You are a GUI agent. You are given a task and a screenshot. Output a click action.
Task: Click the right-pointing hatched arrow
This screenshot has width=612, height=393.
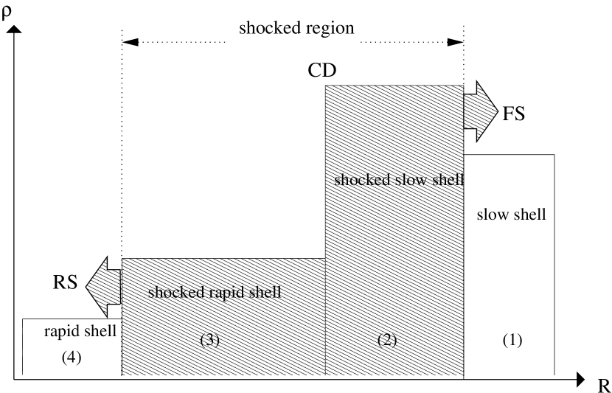[481, 111]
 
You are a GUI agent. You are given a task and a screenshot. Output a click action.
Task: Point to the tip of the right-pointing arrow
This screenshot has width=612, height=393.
[497, 111]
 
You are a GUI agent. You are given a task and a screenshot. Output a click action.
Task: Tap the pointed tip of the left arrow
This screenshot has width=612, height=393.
[87, 287]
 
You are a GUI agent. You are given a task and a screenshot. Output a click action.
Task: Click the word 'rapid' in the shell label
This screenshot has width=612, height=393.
[225, 292]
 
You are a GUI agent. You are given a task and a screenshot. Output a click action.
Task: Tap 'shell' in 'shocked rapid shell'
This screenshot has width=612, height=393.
[263, 292]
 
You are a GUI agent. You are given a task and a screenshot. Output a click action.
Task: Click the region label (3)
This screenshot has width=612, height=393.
[210, 340]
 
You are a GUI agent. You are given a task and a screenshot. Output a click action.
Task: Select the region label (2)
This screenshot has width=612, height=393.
[387, 340]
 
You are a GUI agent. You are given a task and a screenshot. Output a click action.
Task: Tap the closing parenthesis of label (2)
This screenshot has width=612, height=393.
[395, 340]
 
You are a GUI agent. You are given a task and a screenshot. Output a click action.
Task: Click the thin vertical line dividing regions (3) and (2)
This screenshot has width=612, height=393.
[326, 317]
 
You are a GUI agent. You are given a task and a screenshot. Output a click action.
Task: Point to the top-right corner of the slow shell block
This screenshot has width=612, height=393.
[463, 86]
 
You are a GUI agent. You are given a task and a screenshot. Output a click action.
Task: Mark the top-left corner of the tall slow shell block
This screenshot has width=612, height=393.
[326, 86]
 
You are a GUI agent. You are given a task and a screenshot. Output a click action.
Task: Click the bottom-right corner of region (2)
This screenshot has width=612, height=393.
[463, 375]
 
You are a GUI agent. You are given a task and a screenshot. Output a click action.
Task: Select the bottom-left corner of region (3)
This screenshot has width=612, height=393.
[122, 375]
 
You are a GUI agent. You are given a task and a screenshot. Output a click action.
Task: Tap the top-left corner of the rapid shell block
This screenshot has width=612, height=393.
[122, 259]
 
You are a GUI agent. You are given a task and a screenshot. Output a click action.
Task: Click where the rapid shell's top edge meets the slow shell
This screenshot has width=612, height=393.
[326, 259]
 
